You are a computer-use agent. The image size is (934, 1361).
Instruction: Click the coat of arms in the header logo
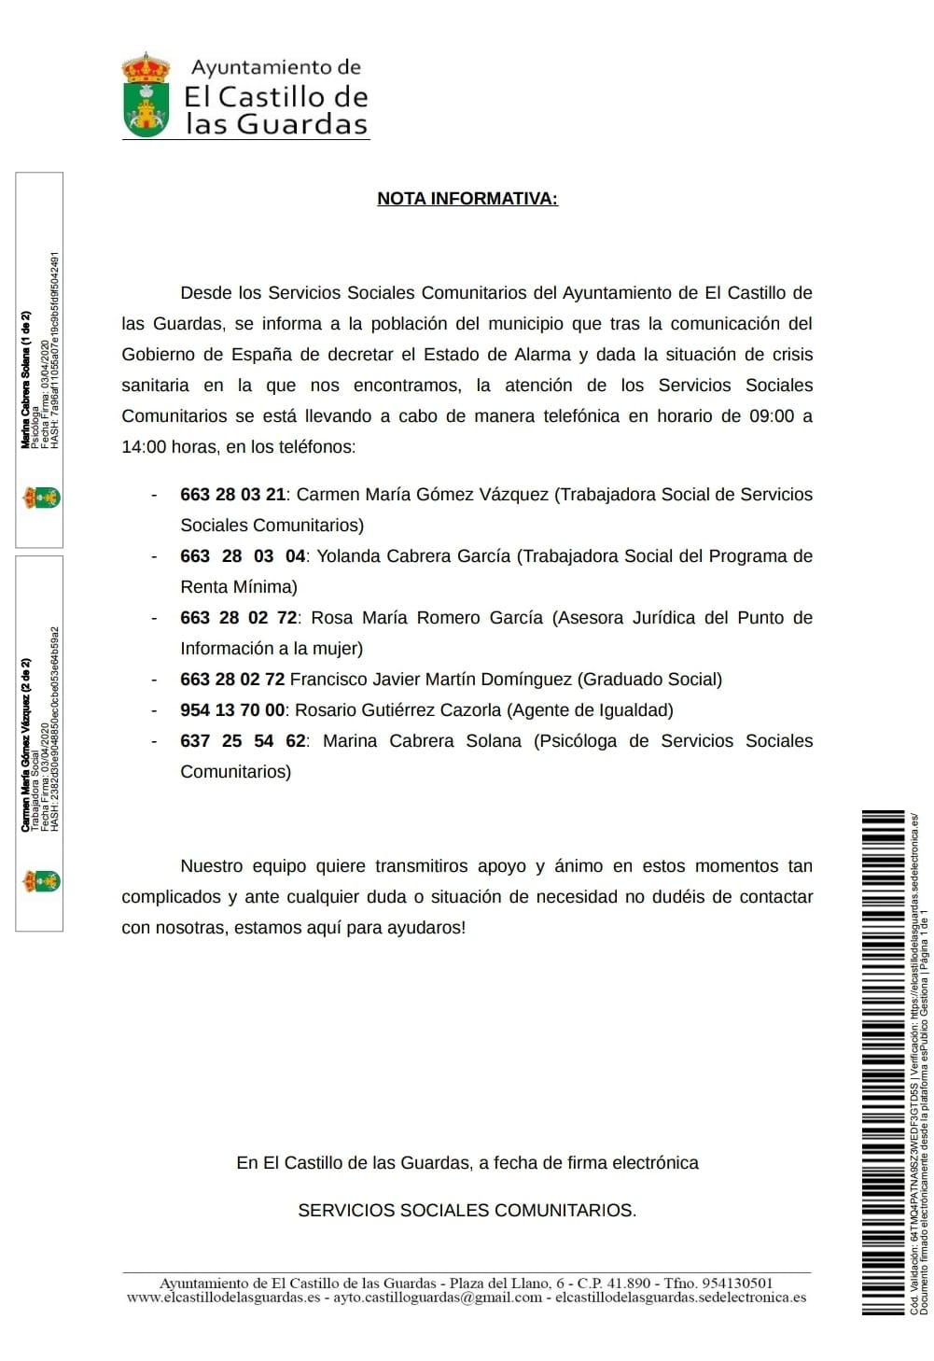pyautogui.click(x=146, y=96)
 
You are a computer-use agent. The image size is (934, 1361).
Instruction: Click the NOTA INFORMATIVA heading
pyautogui.click(x=467, y=198)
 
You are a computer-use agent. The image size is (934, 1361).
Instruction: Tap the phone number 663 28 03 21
pyautogui.click(x=232, y=495)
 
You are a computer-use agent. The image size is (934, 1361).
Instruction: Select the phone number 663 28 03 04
pyautogui.click(x=243, y=556)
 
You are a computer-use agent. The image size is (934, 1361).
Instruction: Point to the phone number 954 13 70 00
pyautogui.click(x=232, y=710)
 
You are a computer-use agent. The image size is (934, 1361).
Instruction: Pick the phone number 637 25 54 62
pyautogui.click(x=243, y=741)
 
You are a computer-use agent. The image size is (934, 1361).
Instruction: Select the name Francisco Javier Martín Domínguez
pyautogui.click(x=431, y=680)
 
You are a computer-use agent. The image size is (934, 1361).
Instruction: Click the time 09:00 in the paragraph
pyautogui.click(x=772, y=416)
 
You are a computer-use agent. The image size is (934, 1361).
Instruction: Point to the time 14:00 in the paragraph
pyautogui.click(x=144, y=447)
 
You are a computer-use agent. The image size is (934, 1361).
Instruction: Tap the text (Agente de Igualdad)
pyautogui.click(x=590, y=710)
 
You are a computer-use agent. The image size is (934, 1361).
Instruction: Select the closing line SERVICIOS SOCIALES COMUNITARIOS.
pyautogui.click(x=467, y=1211)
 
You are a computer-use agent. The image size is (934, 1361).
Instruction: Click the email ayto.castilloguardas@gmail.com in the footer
pyautogui.click(x=438, y=1298)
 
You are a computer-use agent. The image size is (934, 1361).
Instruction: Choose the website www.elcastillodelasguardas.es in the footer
pyautogui.click(x=223, y=1298)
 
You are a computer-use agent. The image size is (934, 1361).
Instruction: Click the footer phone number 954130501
pyautogui.click(x=737, y=1284)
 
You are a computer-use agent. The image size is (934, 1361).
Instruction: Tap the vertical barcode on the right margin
pyautogui.click(x=883, y=1062)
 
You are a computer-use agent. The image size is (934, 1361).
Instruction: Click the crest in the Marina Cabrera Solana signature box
pyautogui.click(x=41, y=498)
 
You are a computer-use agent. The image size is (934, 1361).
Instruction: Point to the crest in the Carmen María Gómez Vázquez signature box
pyautogui.click(x=41, y=880)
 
